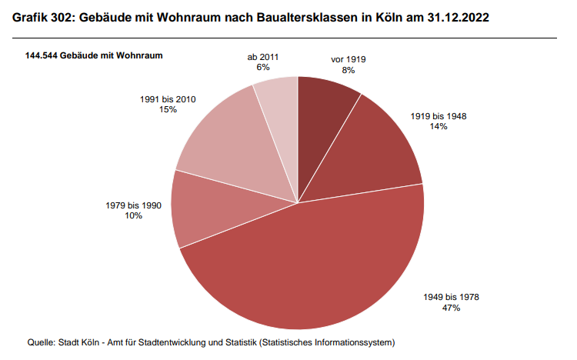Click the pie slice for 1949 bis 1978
coord(308,269)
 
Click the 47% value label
coord(452,308)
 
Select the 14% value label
coord(439,126)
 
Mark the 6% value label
coord(263,68)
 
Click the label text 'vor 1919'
coord(349,58)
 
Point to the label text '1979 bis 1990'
coord(133,205)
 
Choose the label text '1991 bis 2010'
coord(168,99)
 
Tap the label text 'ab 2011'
coord(263,57)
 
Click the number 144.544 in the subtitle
coord(43,56)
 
